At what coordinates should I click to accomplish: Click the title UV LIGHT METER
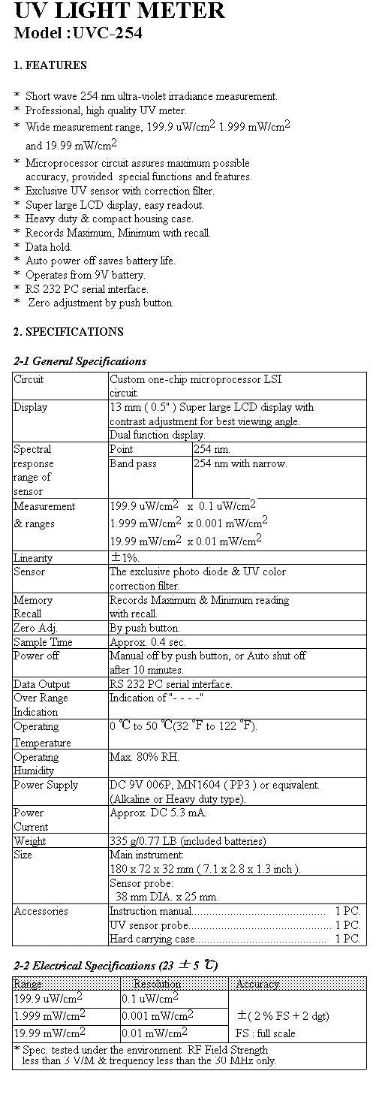119,11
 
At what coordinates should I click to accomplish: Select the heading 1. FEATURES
50,65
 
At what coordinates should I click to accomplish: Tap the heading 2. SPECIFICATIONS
68,331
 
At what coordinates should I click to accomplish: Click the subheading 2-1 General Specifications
80,361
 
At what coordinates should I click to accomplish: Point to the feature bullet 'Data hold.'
49,246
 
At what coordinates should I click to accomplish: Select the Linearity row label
33,558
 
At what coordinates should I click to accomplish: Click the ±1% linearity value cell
125,558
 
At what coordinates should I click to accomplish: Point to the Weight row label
30,840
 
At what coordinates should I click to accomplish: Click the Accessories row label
41,911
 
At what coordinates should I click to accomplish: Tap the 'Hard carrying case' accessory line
153,939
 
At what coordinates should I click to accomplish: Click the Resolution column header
157,983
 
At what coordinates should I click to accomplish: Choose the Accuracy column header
257,983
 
